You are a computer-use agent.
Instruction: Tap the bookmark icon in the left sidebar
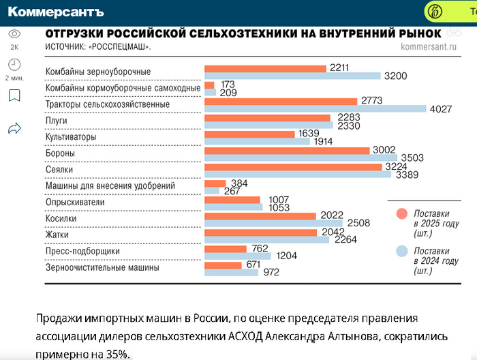(14, 95)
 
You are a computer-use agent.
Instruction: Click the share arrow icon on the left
(14, 127)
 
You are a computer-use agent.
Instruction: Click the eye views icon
(14, 33)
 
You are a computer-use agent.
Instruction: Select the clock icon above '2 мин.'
(14, 65)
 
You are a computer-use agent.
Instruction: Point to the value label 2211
(339, 67)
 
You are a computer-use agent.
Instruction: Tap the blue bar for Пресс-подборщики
(238, 256)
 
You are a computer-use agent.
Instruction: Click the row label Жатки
(57, 235)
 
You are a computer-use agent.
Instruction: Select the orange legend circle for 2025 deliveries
(401, 215)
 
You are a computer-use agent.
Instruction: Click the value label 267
(232, 192)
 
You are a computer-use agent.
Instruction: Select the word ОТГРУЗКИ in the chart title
(76, 33)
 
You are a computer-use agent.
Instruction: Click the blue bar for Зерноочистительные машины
(232, 273)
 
